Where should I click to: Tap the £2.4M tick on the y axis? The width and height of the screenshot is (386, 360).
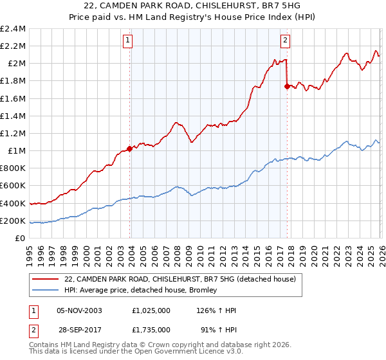(13, 28)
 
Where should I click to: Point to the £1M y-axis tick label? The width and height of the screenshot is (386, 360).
(16, 150)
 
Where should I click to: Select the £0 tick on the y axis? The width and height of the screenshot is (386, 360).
(21, 238)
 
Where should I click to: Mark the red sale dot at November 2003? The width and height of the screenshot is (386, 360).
(130, 148)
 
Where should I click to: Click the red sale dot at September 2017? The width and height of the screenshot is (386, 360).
(287, 86)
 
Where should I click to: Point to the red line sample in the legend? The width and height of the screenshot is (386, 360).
(46, 280)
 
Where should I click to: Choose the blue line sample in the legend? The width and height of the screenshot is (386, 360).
(46, 291)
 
